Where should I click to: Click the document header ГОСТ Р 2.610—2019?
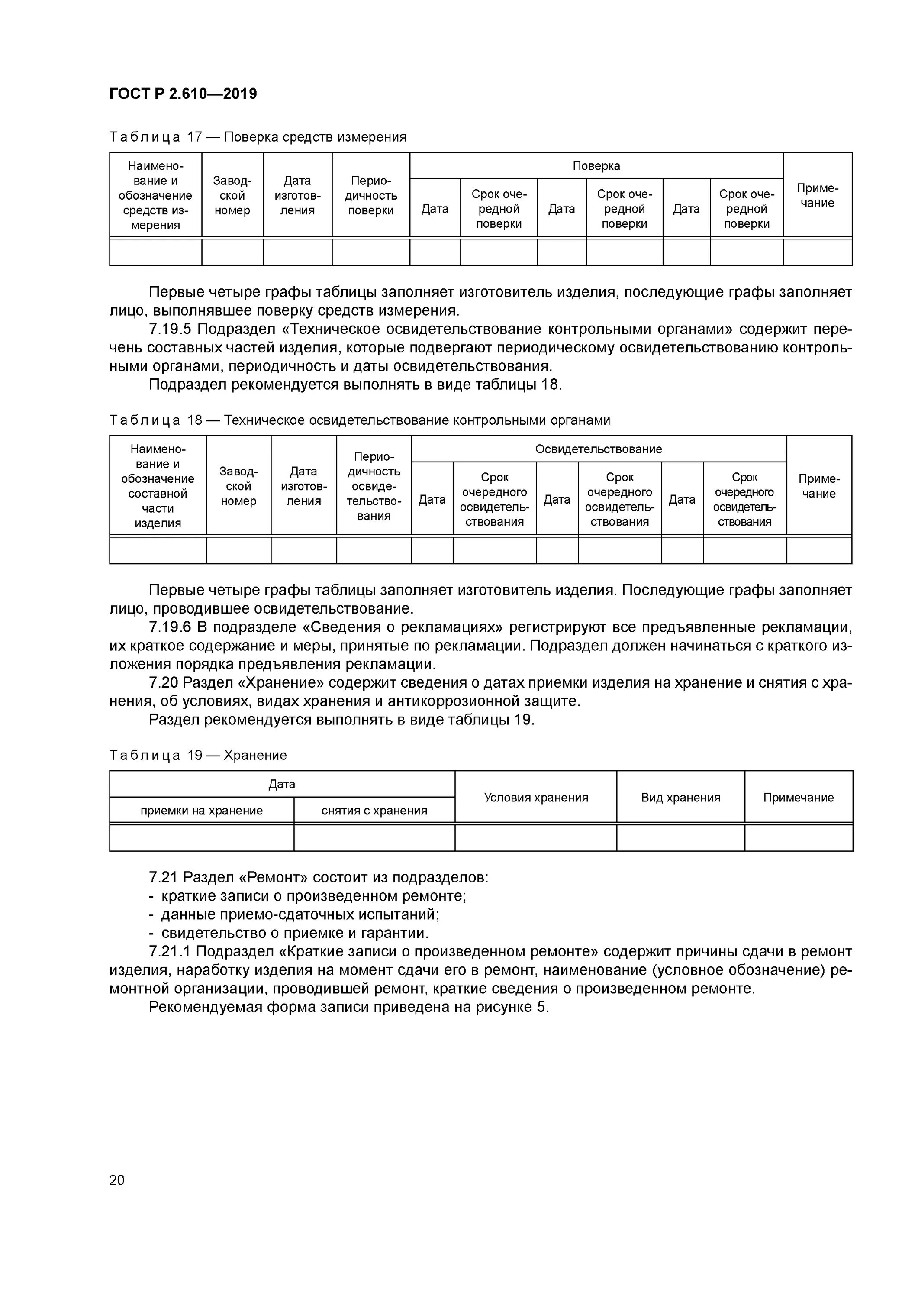(183, 94)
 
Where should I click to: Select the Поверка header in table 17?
(596, 166)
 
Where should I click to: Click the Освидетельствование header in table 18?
(599, 449)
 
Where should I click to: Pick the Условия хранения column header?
(536, 797)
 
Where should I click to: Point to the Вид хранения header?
(680, 797)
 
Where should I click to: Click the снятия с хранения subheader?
(374, 810)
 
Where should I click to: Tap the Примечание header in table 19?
(798, 797)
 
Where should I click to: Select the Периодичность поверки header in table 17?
(370, 195)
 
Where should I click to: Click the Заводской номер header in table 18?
(238, 486)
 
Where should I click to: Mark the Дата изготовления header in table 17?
(297, 195)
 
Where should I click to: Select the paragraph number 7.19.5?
(170, 329)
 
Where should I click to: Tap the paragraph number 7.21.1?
(170, 952)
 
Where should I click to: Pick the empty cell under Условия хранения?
(536, 838)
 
